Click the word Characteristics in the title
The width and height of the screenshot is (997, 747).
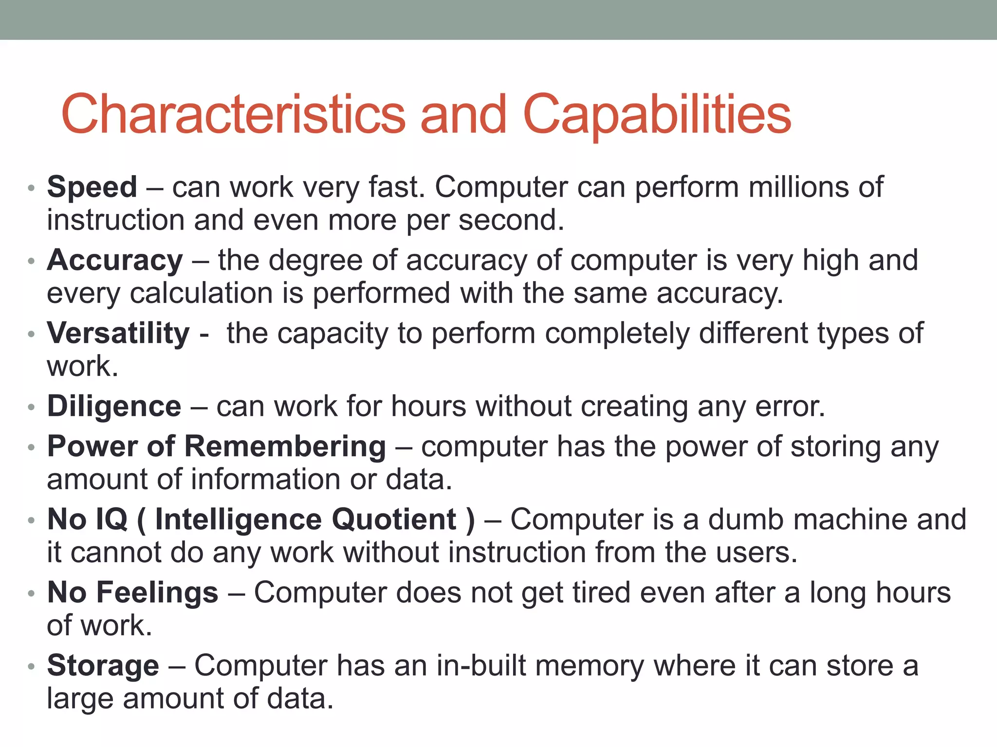tap(233, 114)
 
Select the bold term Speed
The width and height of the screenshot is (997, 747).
tap(92, 187)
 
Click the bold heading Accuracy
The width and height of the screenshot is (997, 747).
tap(115, 261)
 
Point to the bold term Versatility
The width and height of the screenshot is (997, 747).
tap(118, 334)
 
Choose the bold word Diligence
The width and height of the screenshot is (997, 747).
tap(114, 407)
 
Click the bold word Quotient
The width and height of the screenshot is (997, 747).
tap(394, 519)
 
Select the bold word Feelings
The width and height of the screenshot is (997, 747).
tap(157, 593)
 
